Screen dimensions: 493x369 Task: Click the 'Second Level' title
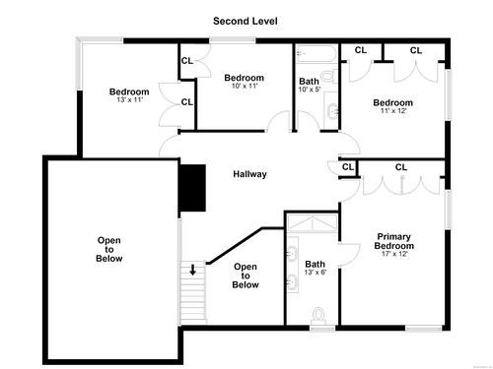(x=246, y=21)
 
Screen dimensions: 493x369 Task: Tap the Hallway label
(x=249, y=174)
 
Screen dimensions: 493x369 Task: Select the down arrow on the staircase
(x=193, y=270)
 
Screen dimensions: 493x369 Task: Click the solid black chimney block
(x=193, y=188)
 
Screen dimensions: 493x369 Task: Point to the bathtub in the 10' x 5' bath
(x=317, y=54)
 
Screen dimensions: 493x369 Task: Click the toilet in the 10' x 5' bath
(x=329, y=77)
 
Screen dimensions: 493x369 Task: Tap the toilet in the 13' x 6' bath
(x=318, y=316)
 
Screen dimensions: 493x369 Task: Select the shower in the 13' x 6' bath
(x=313, y=223)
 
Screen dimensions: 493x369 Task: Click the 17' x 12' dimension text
(x=394, y=254)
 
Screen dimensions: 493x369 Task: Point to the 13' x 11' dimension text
(x=129, y=99)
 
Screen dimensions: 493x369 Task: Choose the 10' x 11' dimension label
(x=245, y=86)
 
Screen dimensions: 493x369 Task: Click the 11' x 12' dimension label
(x=393, y=111)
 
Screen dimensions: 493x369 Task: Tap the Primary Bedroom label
(x=394, y=241)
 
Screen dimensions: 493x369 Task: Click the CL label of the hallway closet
(x=348, y=167)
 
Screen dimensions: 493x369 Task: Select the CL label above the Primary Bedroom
(x=401, y=167)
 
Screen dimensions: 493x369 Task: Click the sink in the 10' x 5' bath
(x=332, y=111)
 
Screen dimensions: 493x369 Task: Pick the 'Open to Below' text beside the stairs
(x=246, y=276)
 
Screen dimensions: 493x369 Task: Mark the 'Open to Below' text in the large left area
(x=109, y=249)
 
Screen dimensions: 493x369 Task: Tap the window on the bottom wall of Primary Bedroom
(x=423, y=328)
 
